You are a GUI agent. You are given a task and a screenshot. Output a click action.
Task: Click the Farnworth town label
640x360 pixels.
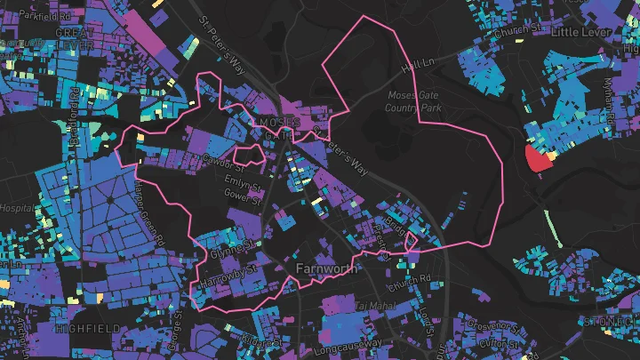(325, 267)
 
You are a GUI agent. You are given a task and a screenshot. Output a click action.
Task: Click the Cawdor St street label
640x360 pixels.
(222, 161)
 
